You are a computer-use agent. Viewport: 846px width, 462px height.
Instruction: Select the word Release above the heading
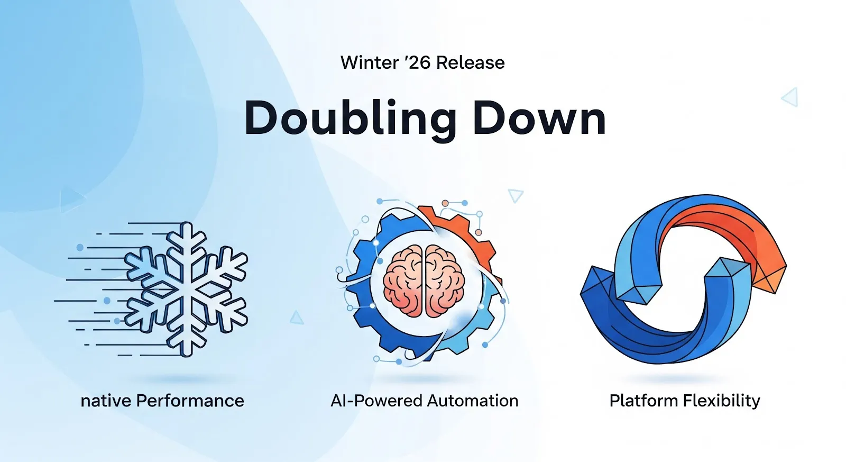click(470, 62)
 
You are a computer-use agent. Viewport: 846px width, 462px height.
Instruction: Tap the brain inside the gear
click(424, 281)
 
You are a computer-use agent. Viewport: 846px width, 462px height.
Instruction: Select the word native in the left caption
click(106, 401)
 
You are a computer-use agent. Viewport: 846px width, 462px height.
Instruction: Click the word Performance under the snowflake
click(190, 401)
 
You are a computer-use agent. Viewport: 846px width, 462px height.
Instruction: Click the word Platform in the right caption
click(643, 401)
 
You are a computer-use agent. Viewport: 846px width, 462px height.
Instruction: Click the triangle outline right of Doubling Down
click(790, 97)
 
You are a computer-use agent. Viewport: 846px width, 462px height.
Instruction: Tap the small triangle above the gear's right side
click(515, 195)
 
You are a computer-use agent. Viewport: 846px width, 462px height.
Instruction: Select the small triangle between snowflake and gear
click(297, 318)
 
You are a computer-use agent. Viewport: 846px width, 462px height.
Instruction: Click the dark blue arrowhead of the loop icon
click(597, 286)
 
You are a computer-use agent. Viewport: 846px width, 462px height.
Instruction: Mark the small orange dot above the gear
click(445, 203)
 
